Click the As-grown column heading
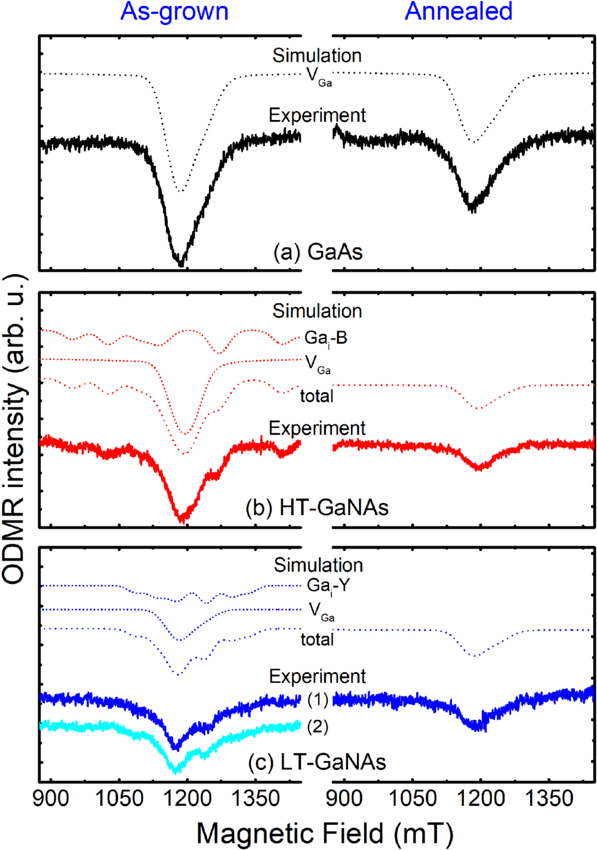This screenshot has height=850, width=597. click(174, 11)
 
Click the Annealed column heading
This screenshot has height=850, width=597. click(458, 11)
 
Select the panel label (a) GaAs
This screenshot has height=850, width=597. click(318, 252)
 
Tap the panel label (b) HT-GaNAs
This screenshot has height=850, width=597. click(317, 507)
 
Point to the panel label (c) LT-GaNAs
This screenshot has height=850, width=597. click(317, 762)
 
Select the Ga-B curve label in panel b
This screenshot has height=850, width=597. click(325, 338)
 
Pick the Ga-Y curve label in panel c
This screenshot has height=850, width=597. click(328, 586)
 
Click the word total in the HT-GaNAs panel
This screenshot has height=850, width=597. click(316, 396)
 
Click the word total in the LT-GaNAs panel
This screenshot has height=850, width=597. click(317, 640)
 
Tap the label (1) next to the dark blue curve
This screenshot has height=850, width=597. click(318, 700)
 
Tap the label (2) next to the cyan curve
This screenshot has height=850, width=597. click(318, 726)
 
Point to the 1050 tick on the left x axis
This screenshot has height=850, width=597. click(119, 798)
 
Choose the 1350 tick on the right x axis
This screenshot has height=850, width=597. click(548, 798)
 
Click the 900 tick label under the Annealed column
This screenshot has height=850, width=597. click(344, 798)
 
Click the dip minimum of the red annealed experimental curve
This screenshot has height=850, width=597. click(478, 469)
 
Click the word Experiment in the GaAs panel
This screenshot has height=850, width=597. click(317, 115)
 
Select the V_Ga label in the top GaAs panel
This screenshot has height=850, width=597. click(319, 76)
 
